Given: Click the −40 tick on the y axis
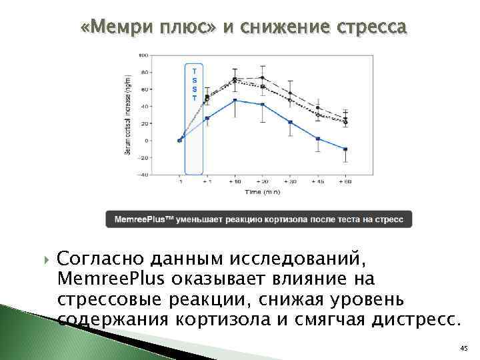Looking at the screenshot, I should point(144,175).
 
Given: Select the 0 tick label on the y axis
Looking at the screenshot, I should point(147,141).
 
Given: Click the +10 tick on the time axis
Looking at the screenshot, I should point(235,182).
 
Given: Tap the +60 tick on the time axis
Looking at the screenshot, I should point(345,182).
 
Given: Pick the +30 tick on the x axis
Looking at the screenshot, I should point(290,182).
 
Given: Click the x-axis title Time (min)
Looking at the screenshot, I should point(262,191).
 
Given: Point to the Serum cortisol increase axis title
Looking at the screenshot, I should point(127,115).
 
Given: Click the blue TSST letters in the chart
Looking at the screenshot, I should point(194,83).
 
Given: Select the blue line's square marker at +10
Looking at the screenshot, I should point(235,100).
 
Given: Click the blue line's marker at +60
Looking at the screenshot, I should point(345,149).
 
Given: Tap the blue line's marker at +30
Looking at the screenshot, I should point(290,122).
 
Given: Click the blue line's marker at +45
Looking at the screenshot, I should point(318,139).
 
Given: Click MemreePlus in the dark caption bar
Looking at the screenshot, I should point(139,219).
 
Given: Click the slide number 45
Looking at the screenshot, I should point(464,349).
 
